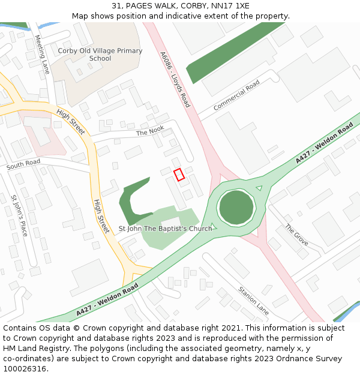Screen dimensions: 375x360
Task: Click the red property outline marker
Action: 178,174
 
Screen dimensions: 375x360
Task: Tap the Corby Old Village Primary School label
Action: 100,55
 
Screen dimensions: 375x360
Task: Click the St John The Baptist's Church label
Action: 166,229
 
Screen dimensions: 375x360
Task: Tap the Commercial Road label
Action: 236,95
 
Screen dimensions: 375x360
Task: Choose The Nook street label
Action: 149,131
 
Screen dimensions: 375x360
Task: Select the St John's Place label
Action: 20,215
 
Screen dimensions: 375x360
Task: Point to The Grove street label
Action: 296,235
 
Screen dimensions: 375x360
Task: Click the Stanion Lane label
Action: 254,300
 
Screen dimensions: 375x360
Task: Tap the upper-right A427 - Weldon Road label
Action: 325,144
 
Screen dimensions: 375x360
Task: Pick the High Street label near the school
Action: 71,122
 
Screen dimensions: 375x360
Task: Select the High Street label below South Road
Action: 101,216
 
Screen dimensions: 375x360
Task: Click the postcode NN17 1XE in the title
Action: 230,6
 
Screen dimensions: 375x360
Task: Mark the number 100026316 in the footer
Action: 25,368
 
